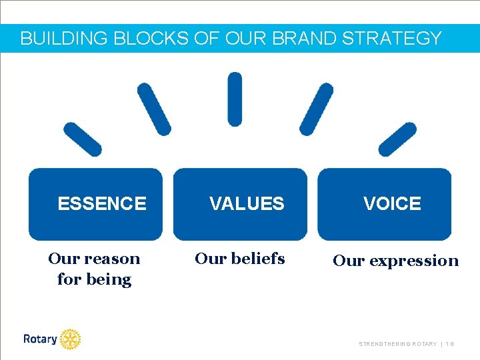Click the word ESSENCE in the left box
102,203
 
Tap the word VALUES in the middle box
247,203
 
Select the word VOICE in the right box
392,203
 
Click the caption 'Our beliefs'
239,258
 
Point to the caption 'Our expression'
396,261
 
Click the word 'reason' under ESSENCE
111,259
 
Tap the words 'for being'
95,279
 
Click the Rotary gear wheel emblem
69,339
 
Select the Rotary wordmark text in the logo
40,339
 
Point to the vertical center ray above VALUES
235,99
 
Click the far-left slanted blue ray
82,139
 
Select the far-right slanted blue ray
397,139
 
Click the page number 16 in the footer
451,344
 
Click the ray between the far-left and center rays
154,109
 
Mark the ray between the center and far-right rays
316,109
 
